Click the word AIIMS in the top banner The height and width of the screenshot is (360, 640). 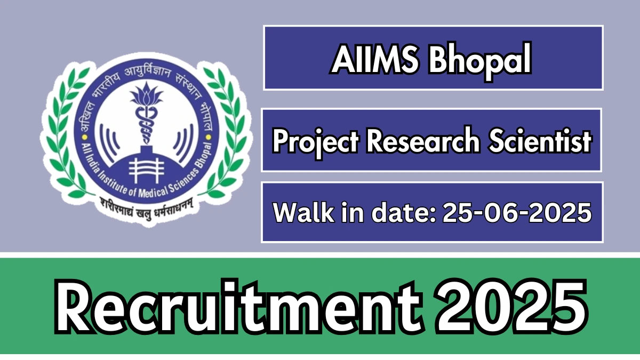tap(375, 59)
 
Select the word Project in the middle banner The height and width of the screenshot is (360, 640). tap(315, 141)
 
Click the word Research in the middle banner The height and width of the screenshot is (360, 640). tap(423, 140)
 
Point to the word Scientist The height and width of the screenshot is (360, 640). tap(540, 140)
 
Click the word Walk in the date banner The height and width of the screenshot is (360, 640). tap(303, 212)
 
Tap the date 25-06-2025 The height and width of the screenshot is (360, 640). tap(517, 212)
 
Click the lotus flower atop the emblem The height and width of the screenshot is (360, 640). tap(147, 94)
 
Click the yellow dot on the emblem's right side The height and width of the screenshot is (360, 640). tap(209, 138)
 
